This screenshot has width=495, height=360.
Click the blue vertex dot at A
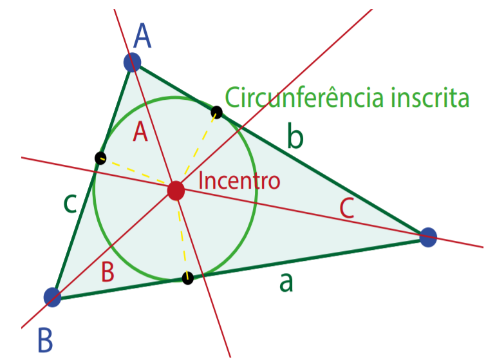[132, 62]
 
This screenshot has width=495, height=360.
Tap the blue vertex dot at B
[52, 297]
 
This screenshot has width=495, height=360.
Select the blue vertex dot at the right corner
[428, 237]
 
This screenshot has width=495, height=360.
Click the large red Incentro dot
[176, 191]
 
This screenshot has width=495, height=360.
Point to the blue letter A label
[142, 35]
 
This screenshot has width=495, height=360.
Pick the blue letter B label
[45, 340]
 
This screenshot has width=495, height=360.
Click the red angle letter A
[140, 132]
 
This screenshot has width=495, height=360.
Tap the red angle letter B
[107, 272]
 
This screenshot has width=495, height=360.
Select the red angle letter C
[347, 209]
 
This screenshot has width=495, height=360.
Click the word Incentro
[239, 180]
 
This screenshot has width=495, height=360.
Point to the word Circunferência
[304, 97]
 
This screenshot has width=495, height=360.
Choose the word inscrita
[430, 98]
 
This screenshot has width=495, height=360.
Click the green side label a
[286, 282]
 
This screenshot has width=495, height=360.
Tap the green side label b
[295, 136]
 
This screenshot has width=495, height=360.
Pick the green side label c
[70, 204]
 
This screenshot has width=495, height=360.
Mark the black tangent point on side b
[216, 113]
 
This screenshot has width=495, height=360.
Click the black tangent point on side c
[100, 158]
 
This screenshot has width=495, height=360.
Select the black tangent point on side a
[187, 278]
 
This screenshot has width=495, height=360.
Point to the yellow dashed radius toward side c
[134, 171]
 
